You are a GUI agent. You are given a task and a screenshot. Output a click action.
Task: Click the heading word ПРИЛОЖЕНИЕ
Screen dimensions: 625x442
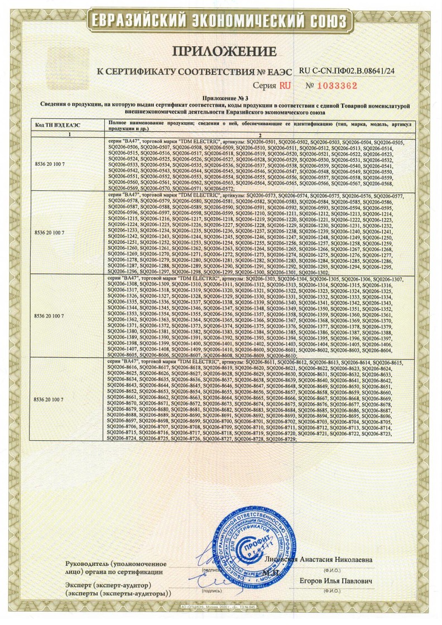[223, 52]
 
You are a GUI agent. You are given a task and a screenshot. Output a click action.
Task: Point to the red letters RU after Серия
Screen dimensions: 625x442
[285, 86]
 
